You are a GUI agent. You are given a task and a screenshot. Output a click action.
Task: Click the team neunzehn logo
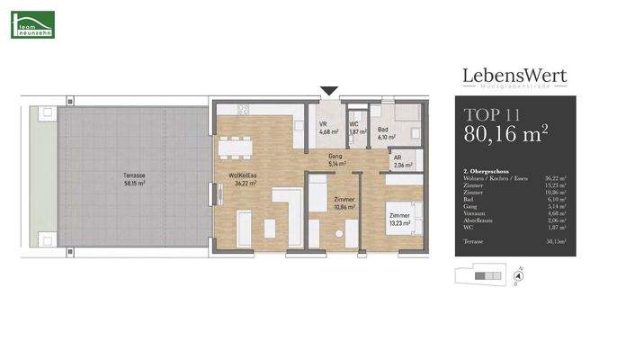32,24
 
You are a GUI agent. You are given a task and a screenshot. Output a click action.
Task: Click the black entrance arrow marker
329,90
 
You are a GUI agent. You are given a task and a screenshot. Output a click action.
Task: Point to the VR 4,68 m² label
327,128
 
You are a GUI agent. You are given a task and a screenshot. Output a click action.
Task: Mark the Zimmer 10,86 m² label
344,202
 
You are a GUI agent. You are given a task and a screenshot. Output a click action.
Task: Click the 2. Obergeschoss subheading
487,170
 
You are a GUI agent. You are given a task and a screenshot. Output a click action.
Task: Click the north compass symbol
516,276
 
